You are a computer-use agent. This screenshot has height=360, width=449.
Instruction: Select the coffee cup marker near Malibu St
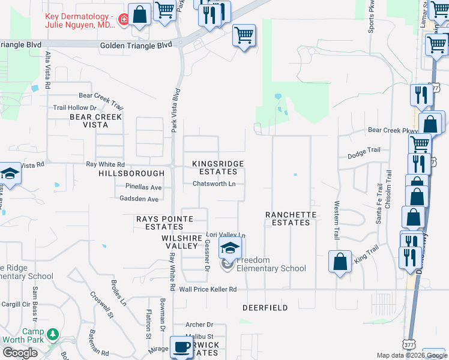(x=181, y=347)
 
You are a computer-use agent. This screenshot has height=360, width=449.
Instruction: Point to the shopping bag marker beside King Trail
(x=340, y=262)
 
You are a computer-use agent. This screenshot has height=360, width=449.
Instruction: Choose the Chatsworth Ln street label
(x=214, y=184)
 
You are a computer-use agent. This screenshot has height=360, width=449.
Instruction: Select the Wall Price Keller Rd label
(x=208, y=289)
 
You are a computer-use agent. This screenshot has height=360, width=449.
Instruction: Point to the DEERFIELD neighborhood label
(x=265, y=308)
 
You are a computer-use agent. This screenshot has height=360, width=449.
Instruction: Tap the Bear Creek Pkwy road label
(x=393, y=130)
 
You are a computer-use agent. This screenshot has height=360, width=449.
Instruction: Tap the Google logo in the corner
(x=20, y=353)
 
